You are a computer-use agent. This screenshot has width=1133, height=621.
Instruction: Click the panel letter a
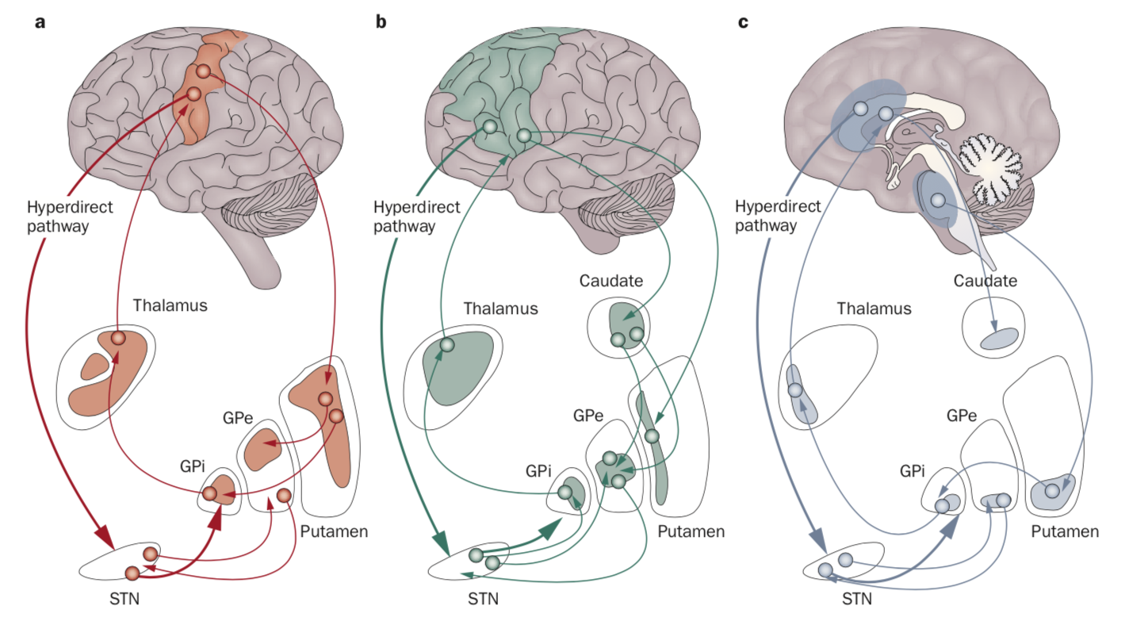coord(40,22)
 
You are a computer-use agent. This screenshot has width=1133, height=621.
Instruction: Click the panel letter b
coord(381,22)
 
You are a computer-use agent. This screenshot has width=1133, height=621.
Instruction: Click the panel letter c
coord(743,22)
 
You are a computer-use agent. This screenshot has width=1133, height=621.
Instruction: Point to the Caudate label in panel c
coord(985,281)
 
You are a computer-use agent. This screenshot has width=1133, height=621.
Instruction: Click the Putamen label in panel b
coord(692,531)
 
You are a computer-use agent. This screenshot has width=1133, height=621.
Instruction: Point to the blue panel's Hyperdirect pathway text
coord(766,217)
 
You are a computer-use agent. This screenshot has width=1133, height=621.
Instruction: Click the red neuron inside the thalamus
coord(118,339)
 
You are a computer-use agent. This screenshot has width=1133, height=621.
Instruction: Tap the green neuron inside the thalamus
coord(446,345)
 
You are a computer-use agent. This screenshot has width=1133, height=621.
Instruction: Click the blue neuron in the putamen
coord(1051,491)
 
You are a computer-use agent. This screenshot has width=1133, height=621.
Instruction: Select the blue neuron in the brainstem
coord(937,201)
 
